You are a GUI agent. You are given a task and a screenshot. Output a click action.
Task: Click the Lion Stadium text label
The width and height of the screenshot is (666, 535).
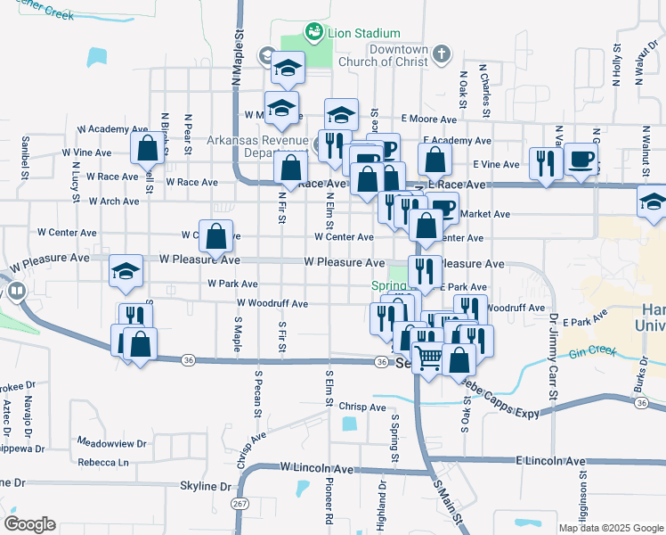[x=358, y=33]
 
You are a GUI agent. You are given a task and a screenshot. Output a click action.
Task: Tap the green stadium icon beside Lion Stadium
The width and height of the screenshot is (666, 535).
[x=314, y=33]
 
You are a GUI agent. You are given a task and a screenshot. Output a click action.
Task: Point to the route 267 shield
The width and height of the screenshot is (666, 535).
[x=240, y=503]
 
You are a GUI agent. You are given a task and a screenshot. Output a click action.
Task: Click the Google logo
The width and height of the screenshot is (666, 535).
[x=29, y=523]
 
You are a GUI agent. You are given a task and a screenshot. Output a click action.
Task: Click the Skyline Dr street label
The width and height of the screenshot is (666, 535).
[x=206, y=486]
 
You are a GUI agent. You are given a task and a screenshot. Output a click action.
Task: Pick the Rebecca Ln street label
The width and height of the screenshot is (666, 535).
[x=103, y=462]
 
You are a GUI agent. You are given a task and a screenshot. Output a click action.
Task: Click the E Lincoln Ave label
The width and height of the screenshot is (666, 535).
[x=550, y=461]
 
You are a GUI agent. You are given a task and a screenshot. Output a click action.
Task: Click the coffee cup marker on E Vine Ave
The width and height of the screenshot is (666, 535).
[x=581, y=160]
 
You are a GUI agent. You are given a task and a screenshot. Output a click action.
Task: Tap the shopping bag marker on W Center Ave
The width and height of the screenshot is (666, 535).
[x=215, y=237]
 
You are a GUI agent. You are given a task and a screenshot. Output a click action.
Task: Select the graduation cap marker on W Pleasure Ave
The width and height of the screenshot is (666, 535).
[x=126, y=270]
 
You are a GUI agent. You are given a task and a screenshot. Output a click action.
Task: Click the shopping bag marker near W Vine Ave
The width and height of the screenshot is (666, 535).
[x=148, y=149]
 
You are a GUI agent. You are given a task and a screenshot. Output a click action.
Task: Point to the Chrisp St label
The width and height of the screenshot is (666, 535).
[x=361, y=407]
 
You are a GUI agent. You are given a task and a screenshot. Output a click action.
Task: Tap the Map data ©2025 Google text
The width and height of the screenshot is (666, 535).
[x=610, y=528]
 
